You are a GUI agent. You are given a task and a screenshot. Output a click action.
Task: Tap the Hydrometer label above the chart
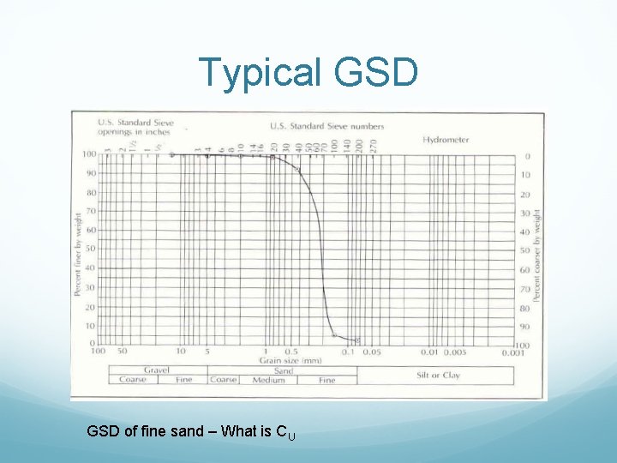[x=446, y=139]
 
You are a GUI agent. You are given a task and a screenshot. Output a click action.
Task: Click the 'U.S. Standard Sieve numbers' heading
[x=326, y=127]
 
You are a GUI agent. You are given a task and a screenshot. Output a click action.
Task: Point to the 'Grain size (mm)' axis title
[x=291, y=360]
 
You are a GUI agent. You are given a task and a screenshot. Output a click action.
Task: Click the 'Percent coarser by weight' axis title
[x=537, y=255]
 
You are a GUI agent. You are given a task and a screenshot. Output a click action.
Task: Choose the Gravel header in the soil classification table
[x=156, y=370]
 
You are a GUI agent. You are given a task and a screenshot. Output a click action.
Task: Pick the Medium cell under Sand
[x=268, y=380]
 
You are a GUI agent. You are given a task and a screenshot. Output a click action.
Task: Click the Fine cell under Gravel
[x=183, y=380]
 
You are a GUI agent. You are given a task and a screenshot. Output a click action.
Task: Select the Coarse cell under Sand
[x=224, y=380]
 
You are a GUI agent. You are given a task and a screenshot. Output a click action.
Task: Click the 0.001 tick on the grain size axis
[x=512, y=352]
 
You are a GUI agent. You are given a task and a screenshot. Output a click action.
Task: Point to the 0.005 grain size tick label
[x=454, y=352]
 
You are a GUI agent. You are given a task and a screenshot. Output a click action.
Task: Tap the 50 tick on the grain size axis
[x=123, y=352]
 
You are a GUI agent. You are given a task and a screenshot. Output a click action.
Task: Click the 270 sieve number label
[x=373, y=147]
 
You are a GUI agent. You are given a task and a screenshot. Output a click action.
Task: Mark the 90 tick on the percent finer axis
[x=90, y=173]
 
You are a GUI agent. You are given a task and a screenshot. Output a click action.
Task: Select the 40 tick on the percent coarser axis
[x=525, y=231]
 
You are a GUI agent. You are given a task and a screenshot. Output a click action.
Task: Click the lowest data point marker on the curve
[x=358, y=340]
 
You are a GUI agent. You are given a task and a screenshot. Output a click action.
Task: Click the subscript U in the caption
[x=291, y=437]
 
